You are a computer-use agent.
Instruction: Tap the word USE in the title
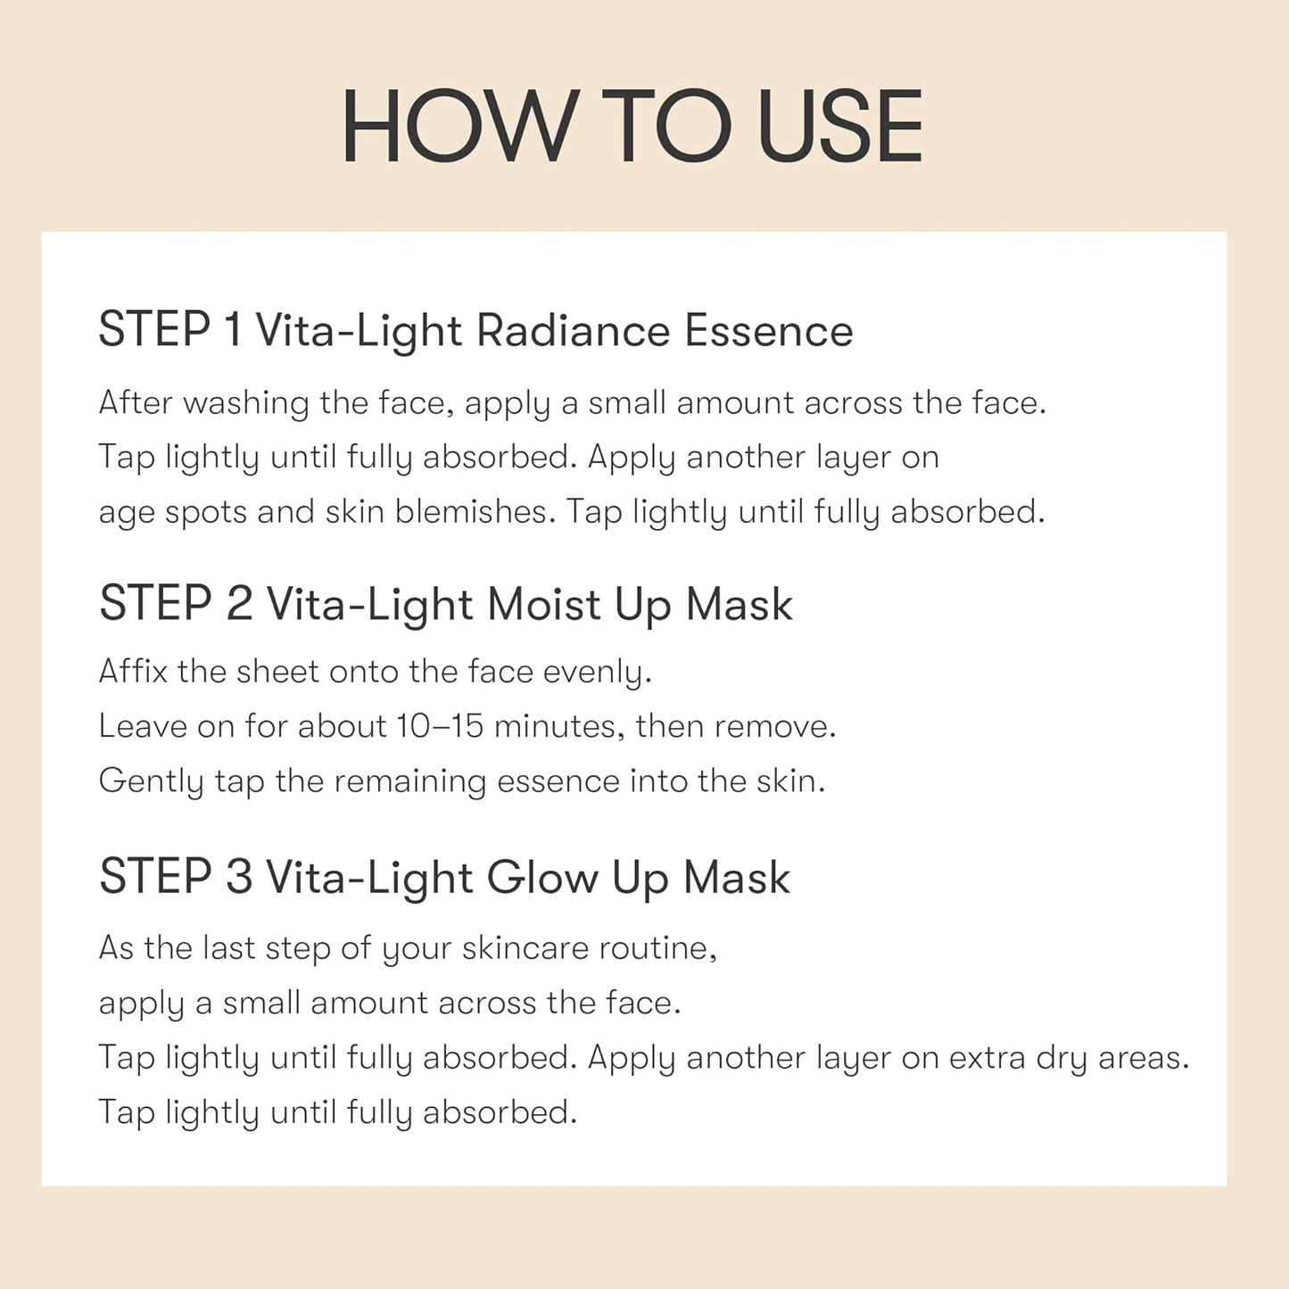[839, 127]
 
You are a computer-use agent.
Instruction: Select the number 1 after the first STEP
[233, 330]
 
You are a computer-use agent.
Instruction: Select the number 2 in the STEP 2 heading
[239, 604]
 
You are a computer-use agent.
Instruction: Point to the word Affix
[133, 671]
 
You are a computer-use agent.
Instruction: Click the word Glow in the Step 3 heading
[542, 878]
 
